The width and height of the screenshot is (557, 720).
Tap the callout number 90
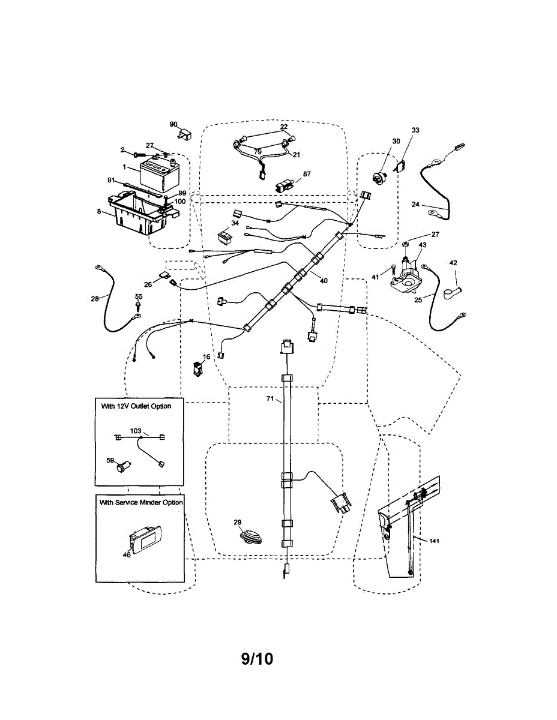click(173, 124)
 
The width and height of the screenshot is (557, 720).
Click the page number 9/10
click(257, 659)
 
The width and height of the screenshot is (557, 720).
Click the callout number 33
click(415, 130)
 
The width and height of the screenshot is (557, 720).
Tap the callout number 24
click(415, 204)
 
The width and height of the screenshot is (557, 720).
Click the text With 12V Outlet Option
click(136, 406)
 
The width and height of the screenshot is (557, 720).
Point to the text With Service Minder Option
click(141, 502)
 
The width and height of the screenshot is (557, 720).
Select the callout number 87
click(307, 174)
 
